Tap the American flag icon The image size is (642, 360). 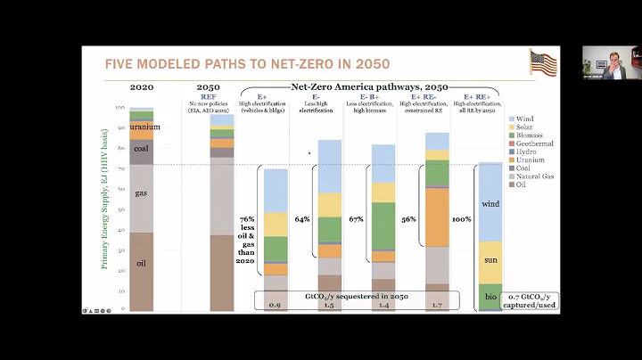pyautogui.click(x=542, y=63)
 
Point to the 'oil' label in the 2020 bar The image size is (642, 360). pyautogui.click(x=141, y=263)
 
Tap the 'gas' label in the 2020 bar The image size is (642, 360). pyautogui.click(x=141, y=192)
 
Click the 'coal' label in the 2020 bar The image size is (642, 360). pyautogui.click(x=141, y=149)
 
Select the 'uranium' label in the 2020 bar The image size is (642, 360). pyautogui.click(x=144, y=127)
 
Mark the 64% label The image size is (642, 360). pyautogui.click(x=302, y=218)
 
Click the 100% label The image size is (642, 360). pyautogui.click(x=461, y=218)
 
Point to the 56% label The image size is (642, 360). pyautogui.click(x=407, y=218)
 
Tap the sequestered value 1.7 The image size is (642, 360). pyautogui.click(x=437, y=305)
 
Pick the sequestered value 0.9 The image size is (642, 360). pyautogui.click(x=275, y=305)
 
